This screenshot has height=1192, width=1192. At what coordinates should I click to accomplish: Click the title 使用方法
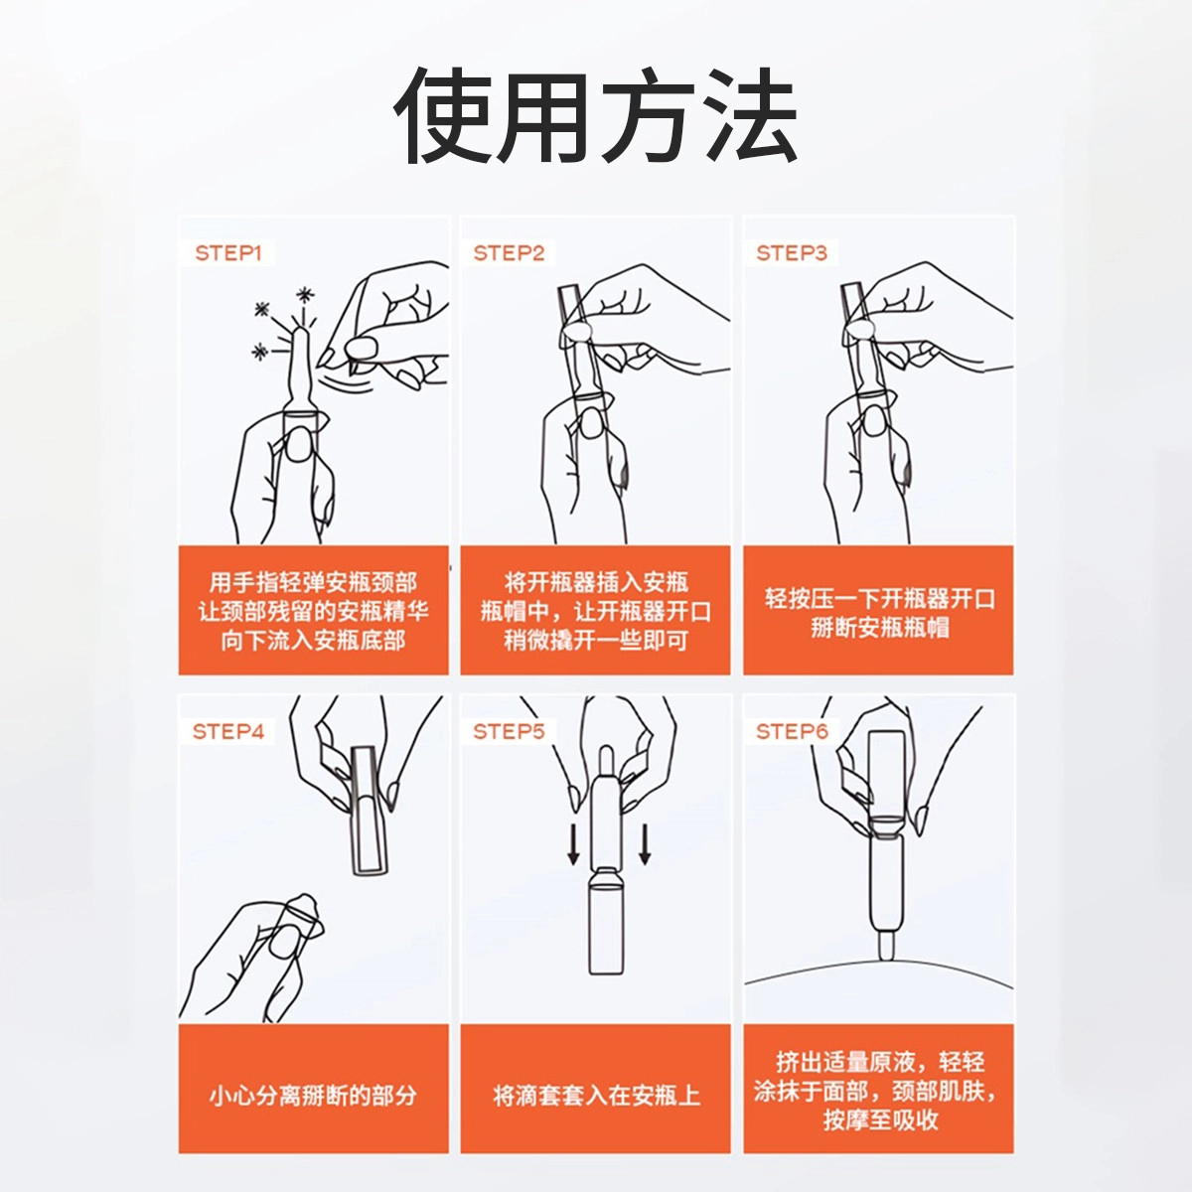click(595, 115)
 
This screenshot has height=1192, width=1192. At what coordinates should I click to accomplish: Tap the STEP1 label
click(228, 253)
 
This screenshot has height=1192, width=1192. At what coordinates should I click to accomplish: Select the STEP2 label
click(509, 253)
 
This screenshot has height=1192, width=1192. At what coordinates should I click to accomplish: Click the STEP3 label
click(791, 253)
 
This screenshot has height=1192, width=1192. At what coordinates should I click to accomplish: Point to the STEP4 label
click(228, 732)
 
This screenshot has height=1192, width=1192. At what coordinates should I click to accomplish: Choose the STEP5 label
click(509, 732)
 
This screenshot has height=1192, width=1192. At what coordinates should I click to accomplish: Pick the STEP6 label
click(791, 732)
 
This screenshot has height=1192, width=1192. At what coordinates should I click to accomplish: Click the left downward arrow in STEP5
click(573, 843)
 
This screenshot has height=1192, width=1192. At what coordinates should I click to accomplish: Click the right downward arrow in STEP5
click(645, 843)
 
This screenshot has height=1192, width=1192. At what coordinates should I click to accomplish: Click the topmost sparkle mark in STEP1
click(304, 295)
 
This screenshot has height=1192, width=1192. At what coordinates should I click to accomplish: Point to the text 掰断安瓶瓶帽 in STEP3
click(880, 628)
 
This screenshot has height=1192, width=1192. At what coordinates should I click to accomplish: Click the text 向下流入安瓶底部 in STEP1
click(313, 641)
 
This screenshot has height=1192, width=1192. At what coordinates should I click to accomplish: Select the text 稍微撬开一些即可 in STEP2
click(596, 641)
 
